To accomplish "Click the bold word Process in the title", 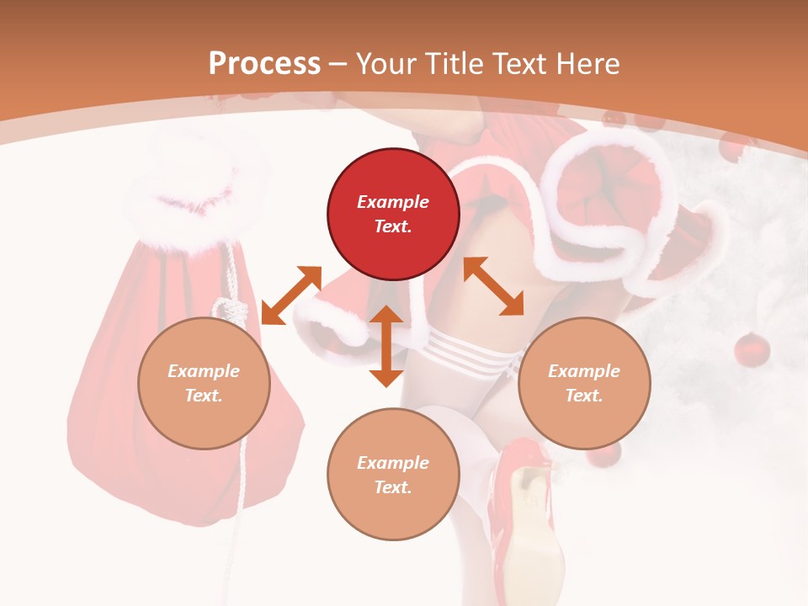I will click(x=264, y=64).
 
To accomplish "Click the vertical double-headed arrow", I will click(x=386, y=346).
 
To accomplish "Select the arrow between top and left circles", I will click(x=291, y=295).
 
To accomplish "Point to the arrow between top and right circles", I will click(x=493, y=286).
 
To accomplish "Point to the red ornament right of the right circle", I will click(x=752, y=349).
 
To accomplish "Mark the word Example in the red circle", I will click(x=393, y=202).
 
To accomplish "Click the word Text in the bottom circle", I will click(x=393, y=487).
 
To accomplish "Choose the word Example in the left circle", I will click(x=204, y=371).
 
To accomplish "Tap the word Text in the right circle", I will click(x=584, y=396).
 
